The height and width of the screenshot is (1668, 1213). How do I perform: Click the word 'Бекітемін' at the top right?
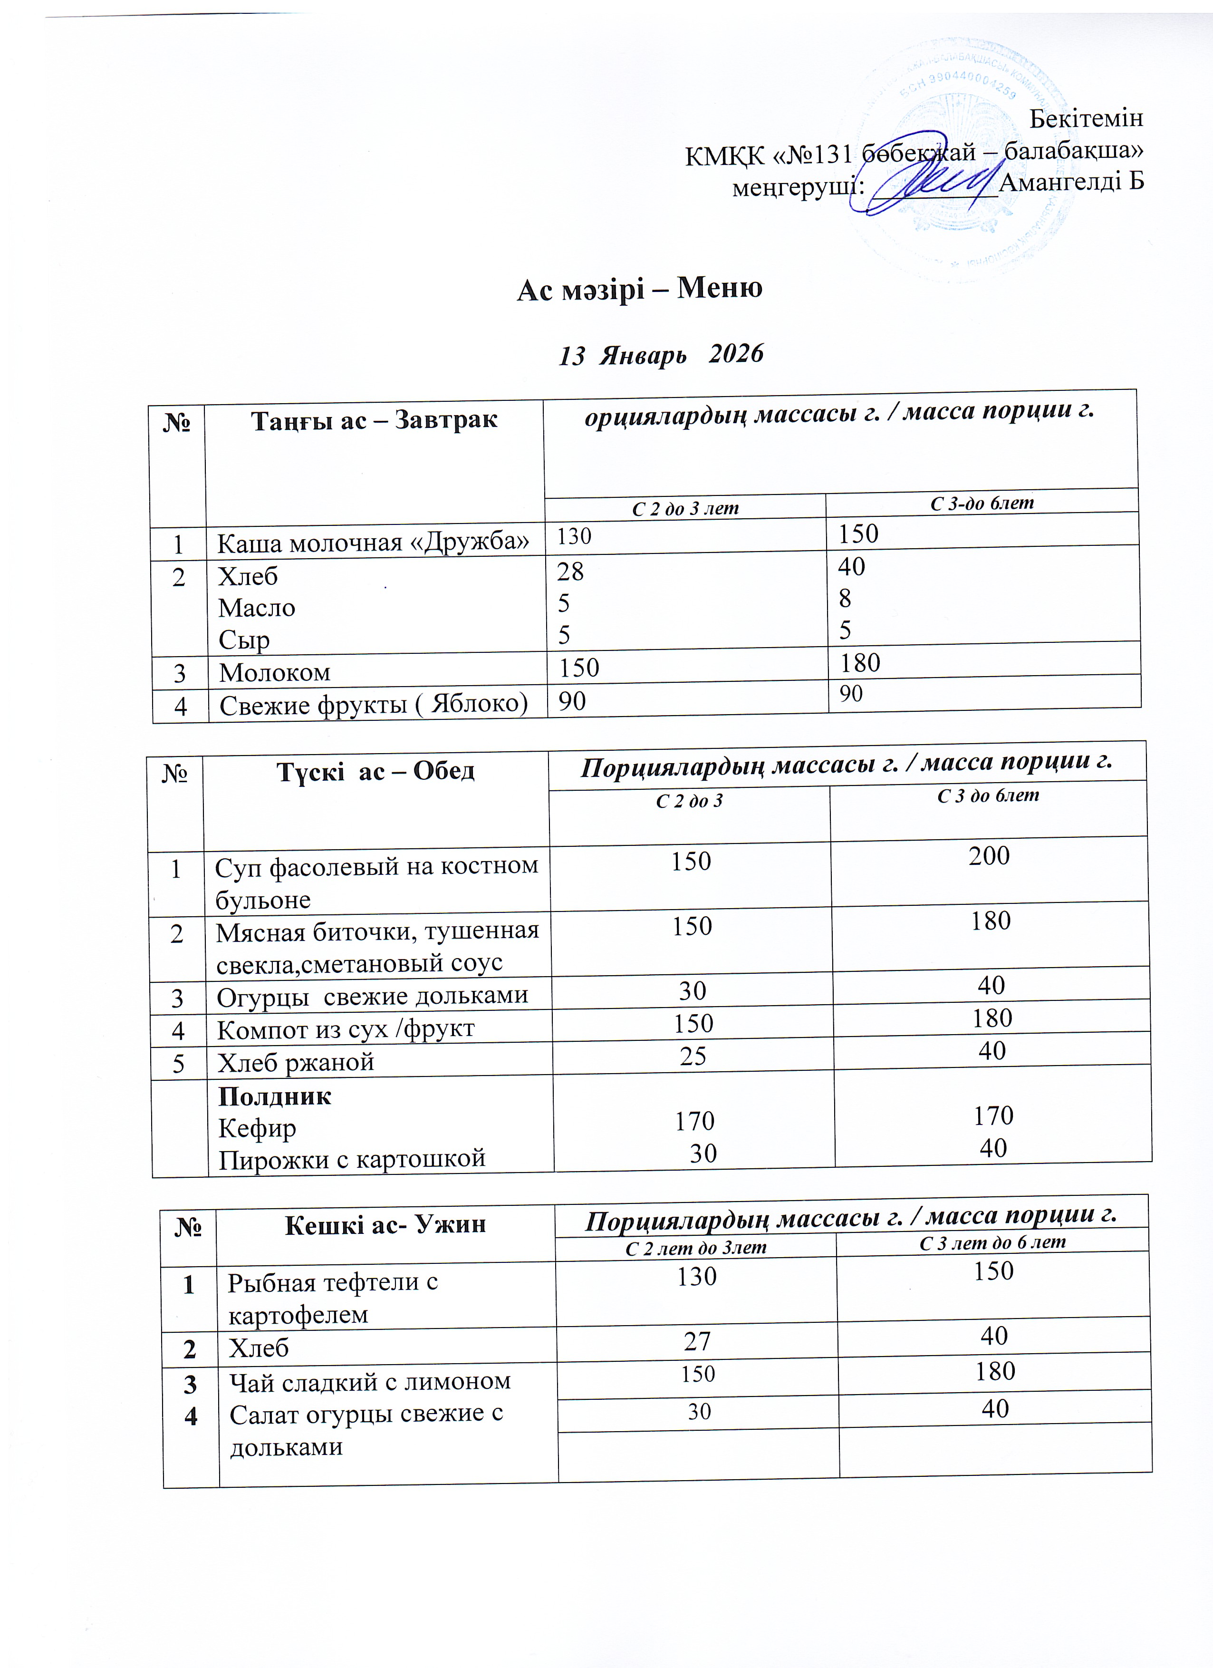1086,118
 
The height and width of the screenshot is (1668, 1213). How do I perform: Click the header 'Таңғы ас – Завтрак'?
374,421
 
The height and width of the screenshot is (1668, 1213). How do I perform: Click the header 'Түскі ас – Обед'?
375,772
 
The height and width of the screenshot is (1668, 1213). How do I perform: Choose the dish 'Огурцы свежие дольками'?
372,996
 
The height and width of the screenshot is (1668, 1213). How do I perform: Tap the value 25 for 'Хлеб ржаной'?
693,1056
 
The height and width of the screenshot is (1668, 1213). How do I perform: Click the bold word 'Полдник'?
275,1096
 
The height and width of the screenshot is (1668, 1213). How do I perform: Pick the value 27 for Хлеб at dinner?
697,1341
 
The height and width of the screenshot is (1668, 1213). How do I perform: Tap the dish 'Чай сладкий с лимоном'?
370,1382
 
